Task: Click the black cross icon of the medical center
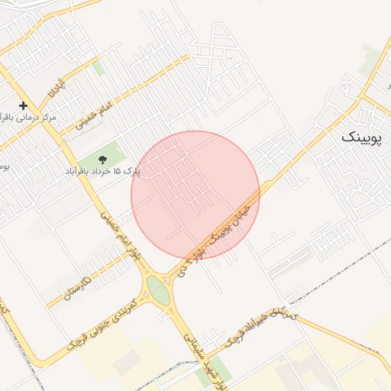tap(23, 105)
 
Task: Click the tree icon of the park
tap(102, 160)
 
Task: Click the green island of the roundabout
tap(159, 289)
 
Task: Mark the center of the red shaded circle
tap(195, 195)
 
